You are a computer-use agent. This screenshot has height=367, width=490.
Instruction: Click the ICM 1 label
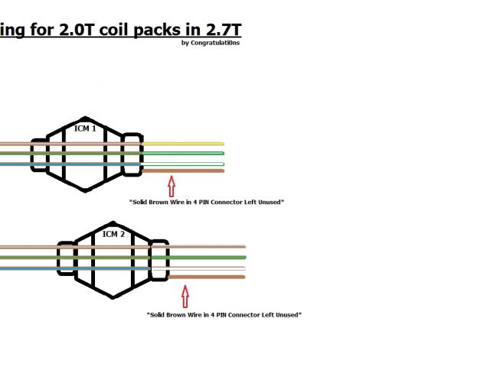click(x=85, y=128)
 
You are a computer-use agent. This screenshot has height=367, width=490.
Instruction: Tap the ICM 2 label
click(x=113, y=234)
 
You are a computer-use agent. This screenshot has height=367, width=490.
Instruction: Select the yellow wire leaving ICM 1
click(x=184, y=143)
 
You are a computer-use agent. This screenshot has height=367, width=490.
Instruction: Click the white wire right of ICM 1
click(x=184, y=164)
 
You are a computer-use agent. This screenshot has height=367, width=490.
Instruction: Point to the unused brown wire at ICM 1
click(x=184, y=171)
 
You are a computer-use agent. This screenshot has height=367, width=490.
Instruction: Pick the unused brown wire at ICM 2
click(x=207, y=277)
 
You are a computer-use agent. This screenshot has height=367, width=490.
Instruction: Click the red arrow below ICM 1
click(x=171, y=186)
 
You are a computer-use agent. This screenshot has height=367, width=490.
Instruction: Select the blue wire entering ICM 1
click(x=15, y=164)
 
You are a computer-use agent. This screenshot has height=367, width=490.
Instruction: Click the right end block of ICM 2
click(x=158, y=261)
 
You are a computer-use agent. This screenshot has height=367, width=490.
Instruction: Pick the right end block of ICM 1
click(x=132, y=154)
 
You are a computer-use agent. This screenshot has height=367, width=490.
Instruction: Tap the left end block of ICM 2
click(x=67, y=260)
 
